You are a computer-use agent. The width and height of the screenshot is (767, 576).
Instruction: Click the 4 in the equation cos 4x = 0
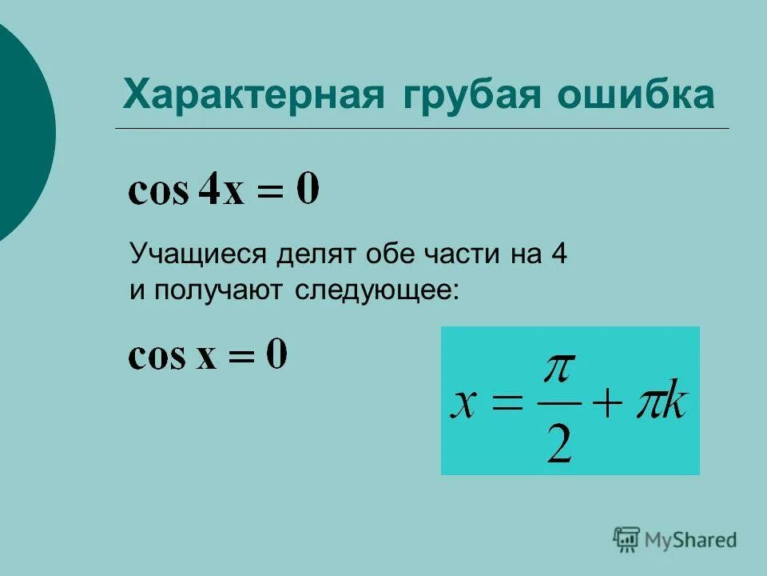coord(209,190)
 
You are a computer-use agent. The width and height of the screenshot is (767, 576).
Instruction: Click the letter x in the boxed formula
coord(466,406)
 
